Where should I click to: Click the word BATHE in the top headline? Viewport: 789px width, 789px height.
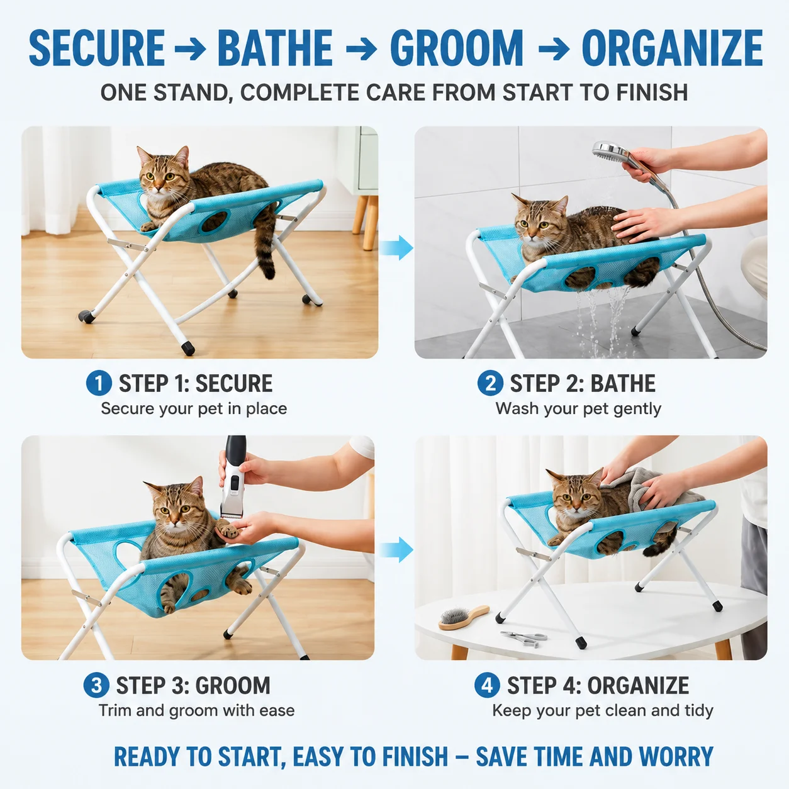(275, 48)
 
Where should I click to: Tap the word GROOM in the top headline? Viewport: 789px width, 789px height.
(457, 48)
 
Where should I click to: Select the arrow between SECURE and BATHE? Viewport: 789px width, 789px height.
(191, 48)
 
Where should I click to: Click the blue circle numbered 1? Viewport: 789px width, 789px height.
(99, 383)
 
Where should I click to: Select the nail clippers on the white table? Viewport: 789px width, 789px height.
(524, 638)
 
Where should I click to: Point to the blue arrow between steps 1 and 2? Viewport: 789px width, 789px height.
(396, 248)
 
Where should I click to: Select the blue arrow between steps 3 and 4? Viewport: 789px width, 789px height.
(396, 550)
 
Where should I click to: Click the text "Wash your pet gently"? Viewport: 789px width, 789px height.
(578, 409)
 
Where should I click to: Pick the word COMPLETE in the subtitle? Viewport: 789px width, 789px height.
(299, 92)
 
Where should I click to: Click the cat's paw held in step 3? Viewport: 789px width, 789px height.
(227, 530)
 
